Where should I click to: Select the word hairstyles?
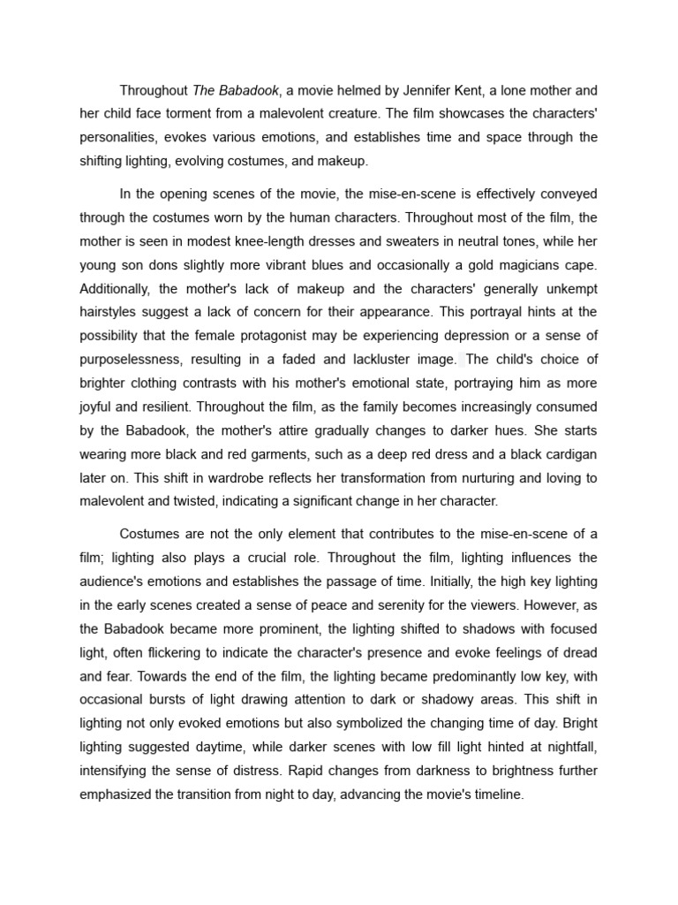tap(110, 312)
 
